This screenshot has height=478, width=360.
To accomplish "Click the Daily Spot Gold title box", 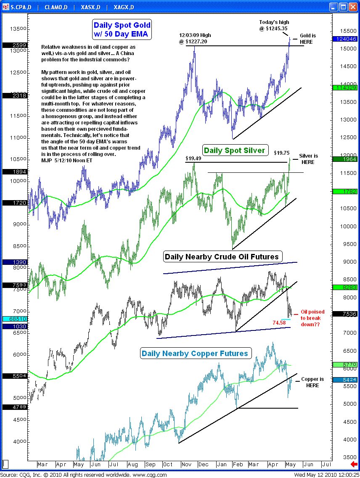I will [x=122, y=29].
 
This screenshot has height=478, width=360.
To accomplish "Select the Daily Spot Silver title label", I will [x=234, y=151].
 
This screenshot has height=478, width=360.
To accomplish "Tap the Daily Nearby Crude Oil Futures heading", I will [x=222, y=256].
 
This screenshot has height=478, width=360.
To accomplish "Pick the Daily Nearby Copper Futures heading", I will [x=195, y=354].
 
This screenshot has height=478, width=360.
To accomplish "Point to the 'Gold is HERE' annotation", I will [x=307, y=39].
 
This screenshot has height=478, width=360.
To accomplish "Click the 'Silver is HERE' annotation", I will [x=308, y=159].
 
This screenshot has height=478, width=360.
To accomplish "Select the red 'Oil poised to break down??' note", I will [x=312, y=318].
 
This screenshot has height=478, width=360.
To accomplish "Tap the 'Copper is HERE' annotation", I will [x=312, y=382].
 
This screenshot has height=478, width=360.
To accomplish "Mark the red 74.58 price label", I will [x=280, y=323].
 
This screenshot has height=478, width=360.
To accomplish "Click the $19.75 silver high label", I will [x=281, y=153].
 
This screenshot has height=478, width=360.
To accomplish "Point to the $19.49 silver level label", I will [x=193, y=158].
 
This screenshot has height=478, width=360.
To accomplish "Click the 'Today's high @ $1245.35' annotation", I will [x=274, y=25].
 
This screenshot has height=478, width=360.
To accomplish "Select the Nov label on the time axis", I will [x=187, y=465].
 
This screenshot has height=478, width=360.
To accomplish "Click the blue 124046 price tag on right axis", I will [x=344, y=39].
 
